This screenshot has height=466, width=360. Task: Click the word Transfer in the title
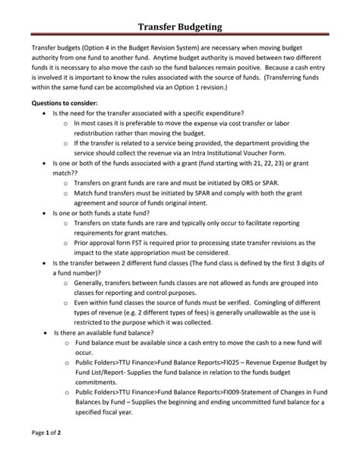point(157,27)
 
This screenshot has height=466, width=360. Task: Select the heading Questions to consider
point(64,102)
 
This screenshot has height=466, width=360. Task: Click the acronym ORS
point(251,184)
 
